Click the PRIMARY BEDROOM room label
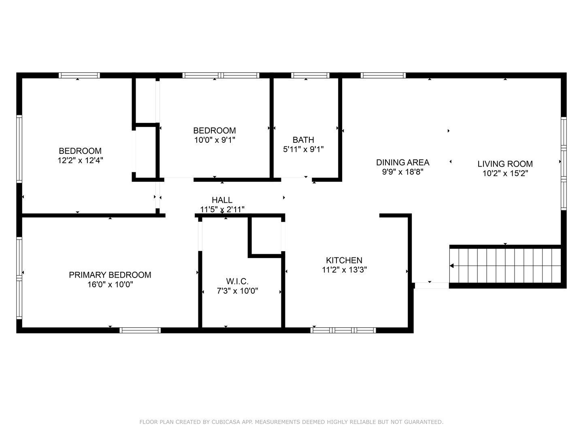110,275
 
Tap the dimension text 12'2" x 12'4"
80,160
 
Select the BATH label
303,140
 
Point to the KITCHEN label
344,260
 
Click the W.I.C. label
237,281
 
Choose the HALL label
222,200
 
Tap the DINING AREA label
402,162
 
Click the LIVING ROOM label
505,164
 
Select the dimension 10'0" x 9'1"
215,140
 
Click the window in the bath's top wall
310,75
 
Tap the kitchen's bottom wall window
343,330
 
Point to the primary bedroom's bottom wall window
140,330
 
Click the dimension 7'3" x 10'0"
237,291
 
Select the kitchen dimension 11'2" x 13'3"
344,270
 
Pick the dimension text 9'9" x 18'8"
402,172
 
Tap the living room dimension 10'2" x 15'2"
505,174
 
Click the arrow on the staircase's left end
452,266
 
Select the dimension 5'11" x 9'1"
303,149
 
